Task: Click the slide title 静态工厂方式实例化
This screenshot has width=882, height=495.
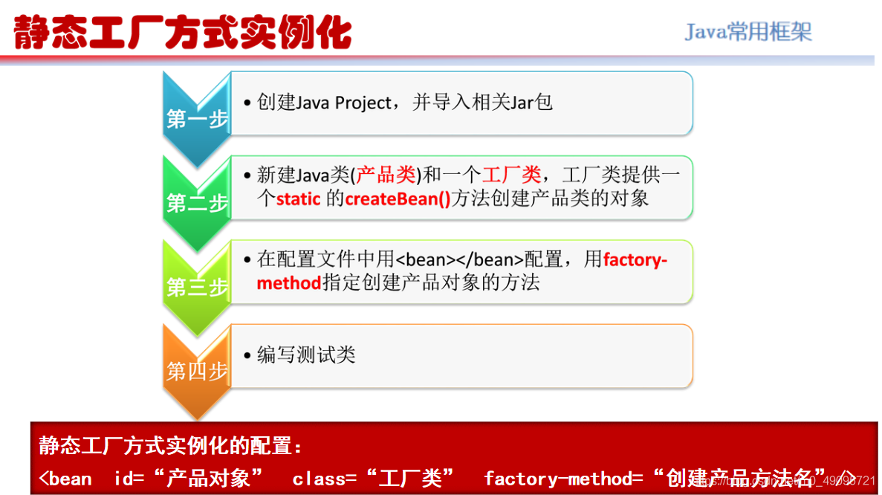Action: coord(183,33)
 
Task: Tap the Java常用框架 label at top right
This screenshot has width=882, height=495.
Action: coord(748,32)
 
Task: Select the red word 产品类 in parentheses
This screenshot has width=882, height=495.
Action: coord(386,175)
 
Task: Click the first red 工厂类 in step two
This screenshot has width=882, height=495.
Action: coord(511,175)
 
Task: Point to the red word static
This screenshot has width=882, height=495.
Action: coord(298,198)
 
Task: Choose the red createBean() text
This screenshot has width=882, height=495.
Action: coord(398,198)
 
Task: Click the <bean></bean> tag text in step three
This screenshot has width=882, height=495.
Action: coord(459,260)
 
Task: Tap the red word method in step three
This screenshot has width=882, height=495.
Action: coord(289,283)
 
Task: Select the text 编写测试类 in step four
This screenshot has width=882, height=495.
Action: coord(306,355)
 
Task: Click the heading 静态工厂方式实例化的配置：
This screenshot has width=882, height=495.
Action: coord(171,447)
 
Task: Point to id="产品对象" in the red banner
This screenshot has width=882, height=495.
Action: coord(189,478)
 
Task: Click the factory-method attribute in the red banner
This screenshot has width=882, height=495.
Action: coord(562,478)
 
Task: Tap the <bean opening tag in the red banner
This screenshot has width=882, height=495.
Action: coord(65,478)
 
